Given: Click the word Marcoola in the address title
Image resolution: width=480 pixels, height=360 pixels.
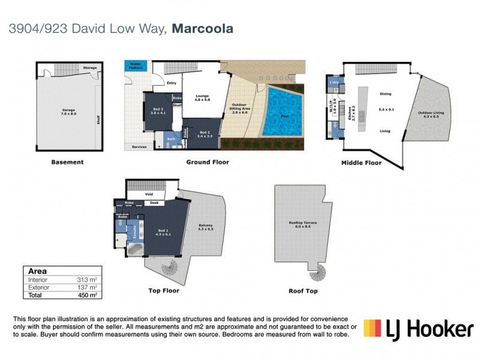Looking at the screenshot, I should click(203, 28).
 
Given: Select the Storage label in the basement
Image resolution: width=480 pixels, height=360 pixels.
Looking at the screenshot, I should click(90, 68).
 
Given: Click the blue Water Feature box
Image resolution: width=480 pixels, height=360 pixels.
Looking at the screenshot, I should click(136, 66).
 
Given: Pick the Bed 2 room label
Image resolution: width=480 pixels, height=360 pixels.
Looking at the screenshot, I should click(205, 133).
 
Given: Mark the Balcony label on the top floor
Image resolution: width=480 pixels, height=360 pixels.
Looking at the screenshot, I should click(206, 227).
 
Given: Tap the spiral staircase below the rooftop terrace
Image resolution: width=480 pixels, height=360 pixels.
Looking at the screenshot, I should click(316, 274).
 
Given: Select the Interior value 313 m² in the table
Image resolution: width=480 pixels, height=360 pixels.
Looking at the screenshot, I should click(87, 280).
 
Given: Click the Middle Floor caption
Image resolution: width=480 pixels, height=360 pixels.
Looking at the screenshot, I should click(361, 163).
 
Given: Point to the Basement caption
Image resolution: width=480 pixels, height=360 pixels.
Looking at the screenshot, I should click(67, 162).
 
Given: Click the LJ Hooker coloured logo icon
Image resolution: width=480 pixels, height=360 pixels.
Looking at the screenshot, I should click(373, 329).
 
